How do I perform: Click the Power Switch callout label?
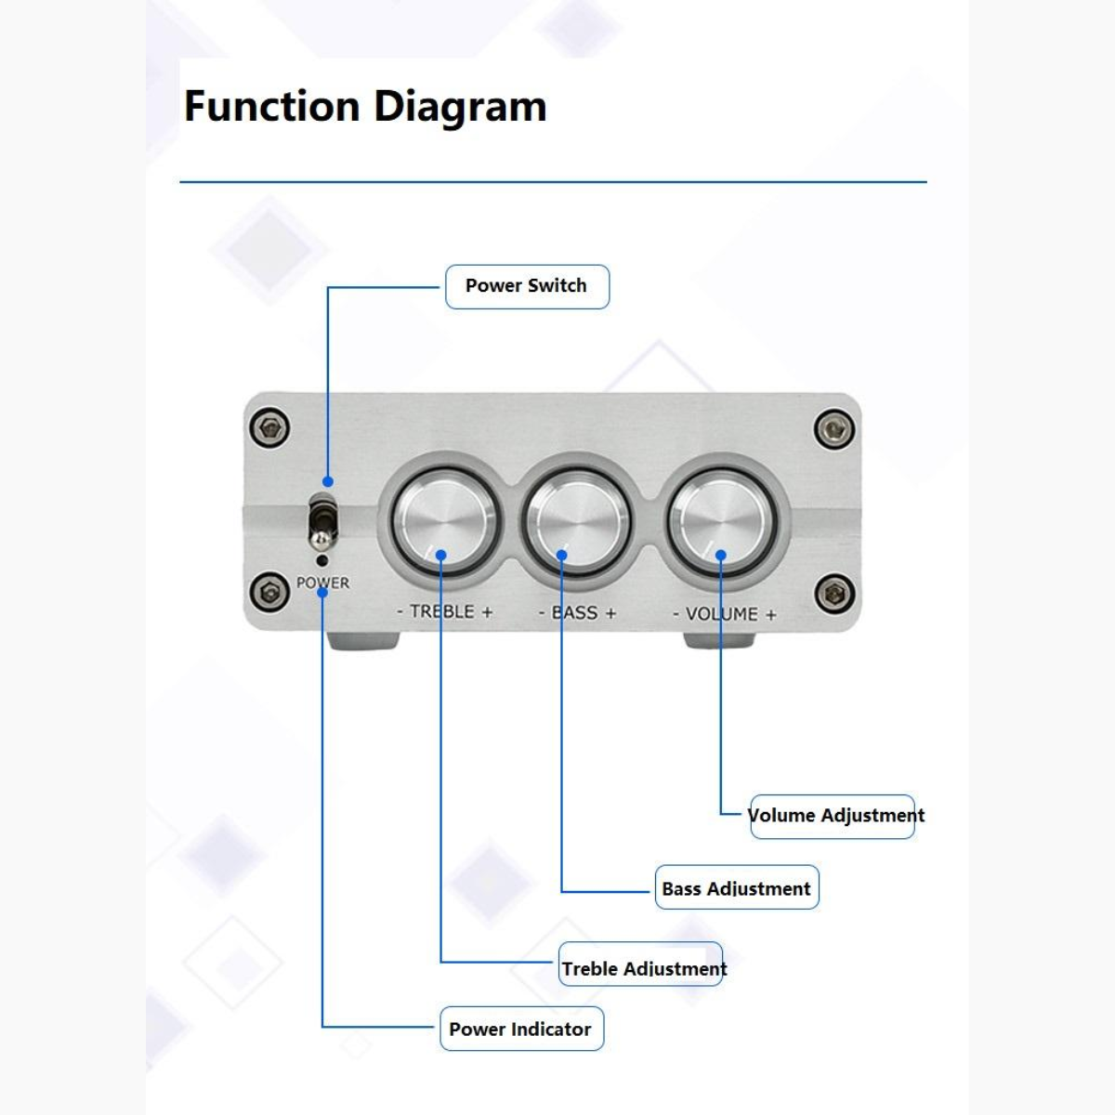click(x=527, y=286)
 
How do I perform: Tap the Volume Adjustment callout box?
click(x=833, y=816)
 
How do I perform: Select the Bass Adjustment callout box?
click(x=737, y=888)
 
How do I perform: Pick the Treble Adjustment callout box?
click(x=642, y=968)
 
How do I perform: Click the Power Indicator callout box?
click(x=521, y=1029)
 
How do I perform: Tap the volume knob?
click(x=721, y=521)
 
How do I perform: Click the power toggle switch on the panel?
click(x=322, y=523)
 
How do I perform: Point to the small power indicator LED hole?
click(x=321, y=559)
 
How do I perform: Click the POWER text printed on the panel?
click(x=322, y=583)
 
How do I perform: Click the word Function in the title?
click(x=271, y=106)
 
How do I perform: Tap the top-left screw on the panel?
click(x=270, y=428)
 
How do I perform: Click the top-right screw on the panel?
click(x=833, y=429)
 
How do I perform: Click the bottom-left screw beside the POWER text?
click(x=270, y=590)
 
